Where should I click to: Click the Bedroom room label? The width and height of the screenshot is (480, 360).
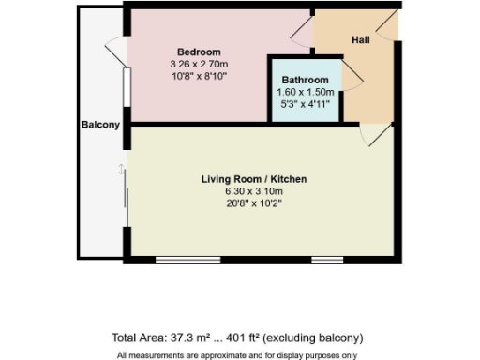(x=199, y=52)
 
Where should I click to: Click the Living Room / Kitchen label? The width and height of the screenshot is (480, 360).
(x=254, y=179)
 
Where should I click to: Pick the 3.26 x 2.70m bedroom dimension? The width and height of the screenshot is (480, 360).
(x=199, y=64)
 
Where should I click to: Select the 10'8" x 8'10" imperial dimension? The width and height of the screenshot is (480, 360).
(x=199, y=76)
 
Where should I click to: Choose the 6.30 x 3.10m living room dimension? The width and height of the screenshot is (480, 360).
(x=254, y=191)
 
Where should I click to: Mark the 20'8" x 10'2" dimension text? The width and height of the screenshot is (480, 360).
(x=254, y=203)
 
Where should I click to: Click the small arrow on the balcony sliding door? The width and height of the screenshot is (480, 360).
(x=121, y=169)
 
